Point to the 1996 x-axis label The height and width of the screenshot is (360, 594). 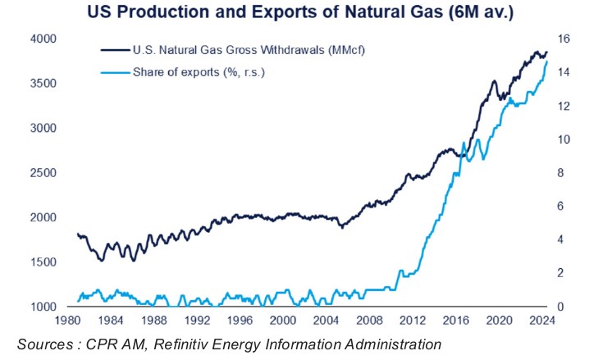(240, 320)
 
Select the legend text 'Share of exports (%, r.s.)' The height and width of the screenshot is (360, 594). (199, 72)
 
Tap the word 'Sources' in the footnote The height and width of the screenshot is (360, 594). (45, 344)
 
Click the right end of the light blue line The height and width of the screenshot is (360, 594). (547, 62)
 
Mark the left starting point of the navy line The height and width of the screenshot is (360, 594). (77, 234)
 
